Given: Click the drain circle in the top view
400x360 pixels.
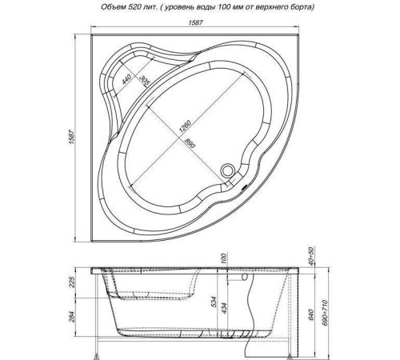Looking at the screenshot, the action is (x=227, y=170).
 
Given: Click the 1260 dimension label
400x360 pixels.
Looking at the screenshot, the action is (x=185, y=126).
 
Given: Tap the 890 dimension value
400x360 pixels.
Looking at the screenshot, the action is (x=190, y=142).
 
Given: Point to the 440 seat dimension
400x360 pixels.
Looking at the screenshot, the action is (x=126, y=79).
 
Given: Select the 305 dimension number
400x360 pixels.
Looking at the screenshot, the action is (x=144, y=81).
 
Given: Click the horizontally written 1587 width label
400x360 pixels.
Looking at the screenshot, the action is (x=196, y=22).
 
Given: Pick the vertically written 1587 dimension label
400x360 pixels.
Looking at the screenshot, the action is (x=71, y=138).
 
